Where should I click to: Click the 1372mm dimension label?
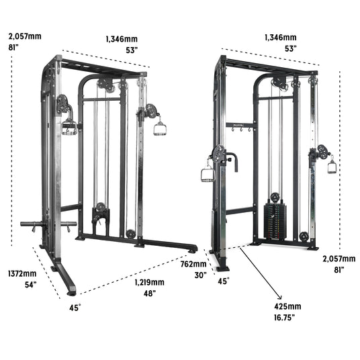click(22, 273)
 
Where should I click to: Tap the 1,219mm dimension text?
click(150, 282)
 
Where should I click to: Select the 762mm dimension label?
click(193, 264)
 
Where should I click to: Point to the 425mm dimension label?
click(287, 306)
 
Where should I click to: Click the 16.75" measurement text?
click(284, 318)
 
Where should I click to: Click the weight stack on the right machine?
click(275, 222)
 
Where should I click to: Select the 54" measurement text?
click(31, 285)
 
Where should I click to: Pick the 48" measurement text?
click(150, 294)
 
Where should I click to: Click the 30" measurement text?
click(201, 275)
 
